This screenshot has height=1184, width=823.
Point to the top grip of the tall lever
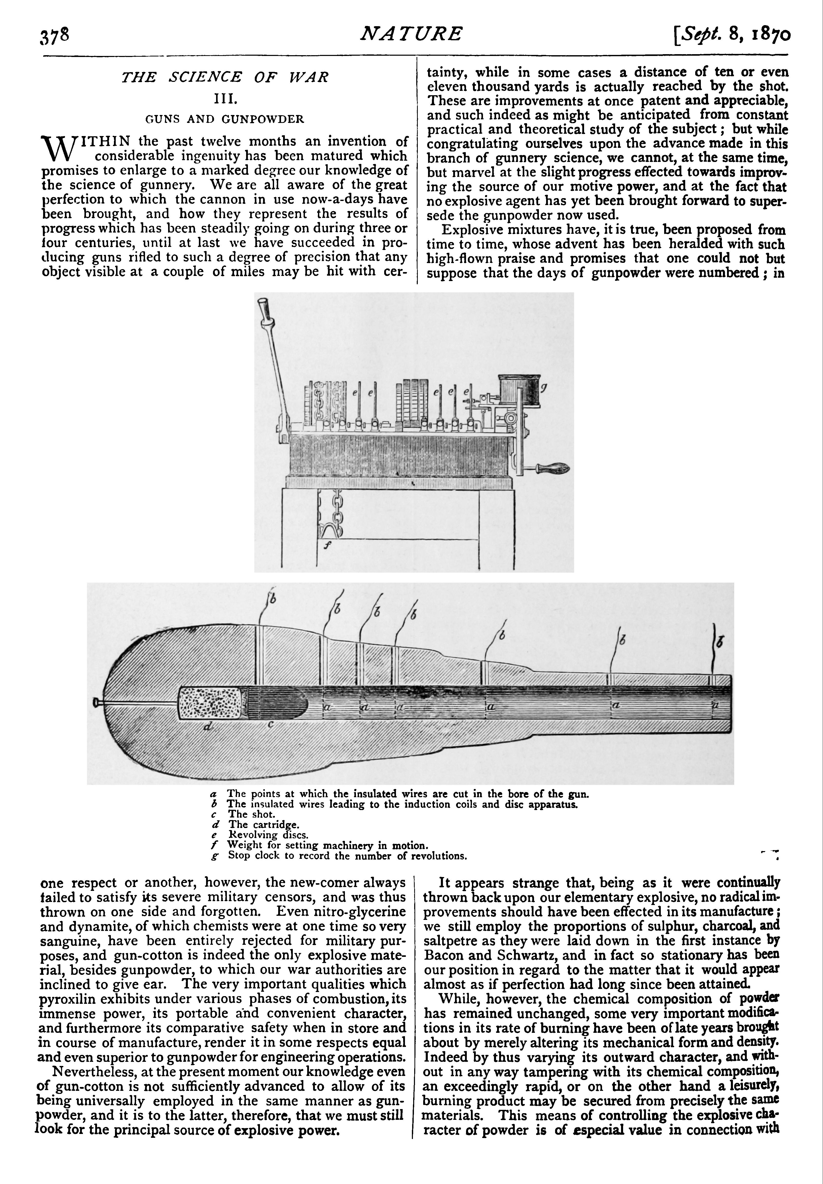[264, 308]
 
